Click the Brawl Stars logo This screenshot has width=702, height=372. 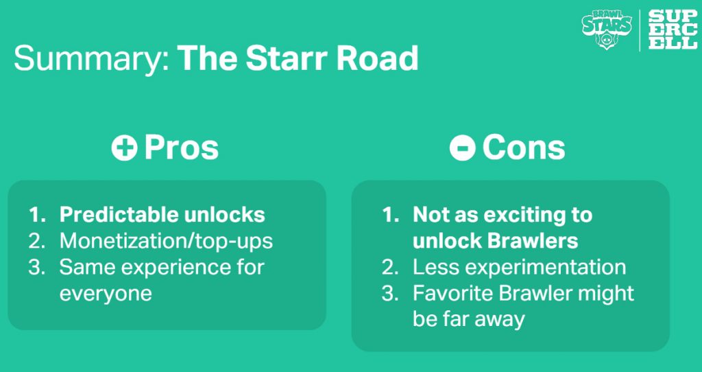(607, 30)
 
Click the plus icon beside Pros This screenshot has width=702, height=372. (125, 148)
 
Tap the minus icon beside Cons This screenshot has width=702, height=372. (463, 148)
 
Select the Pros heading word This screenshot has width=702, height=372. (181, 148)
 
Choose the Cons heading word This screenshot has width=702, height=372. (523, 148)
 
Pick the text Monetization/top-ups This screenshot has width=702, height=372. (166, 242)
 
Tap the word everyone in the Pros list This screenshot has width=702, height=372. (106, 294)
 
